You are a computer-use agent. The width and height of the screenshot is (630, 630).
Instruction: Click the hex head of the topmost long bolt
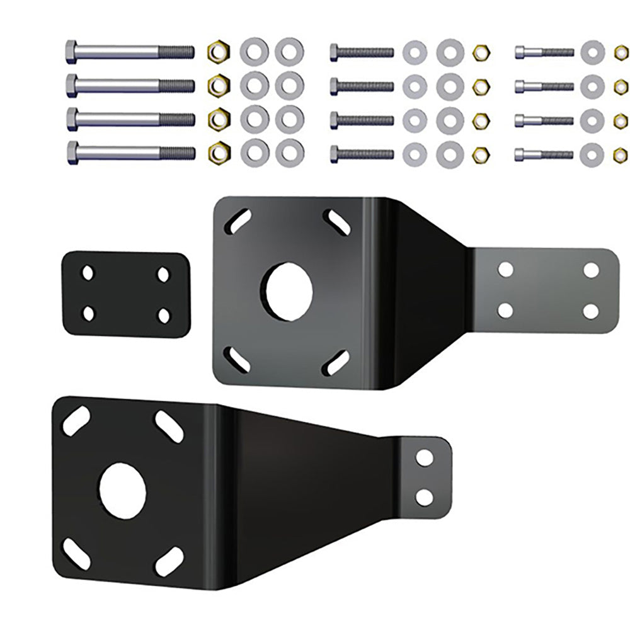(x=71, y=50)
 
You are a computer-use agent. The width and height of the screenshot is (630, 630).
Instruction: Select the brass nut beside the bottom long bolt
(x=219, y=150)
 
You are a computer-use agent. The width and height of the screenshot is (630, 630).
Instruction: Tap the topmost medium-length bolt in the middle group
(x=362, y=52)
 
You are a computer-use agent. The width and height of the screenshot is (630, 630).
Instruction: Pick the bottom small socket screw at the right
(x=544, y=154)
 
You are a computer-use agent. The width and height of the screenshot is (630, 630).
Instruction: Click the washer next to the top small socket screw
(x=592, y=51)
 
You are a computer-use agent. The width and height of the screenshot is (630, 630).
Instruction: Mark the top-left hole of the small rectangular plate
(x=88, y=273)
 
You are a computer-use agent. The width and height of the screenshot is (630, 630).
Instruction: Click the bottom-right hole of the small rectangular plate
(x=163, y=315)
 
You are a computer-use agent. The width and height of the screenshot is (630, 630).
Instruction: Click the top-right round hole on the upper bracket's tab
(x=591, y=270)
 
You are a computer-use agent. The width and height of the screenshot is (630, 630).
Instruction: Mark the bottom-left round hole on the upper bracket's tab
(x=505, y=310)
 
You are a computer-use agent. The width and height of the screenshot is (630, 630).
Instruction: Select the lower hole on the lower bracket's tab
(x=425, y=496)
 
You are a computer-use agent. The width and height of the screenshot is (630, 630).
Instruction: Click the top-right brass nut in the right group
(x=621, y=51)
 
